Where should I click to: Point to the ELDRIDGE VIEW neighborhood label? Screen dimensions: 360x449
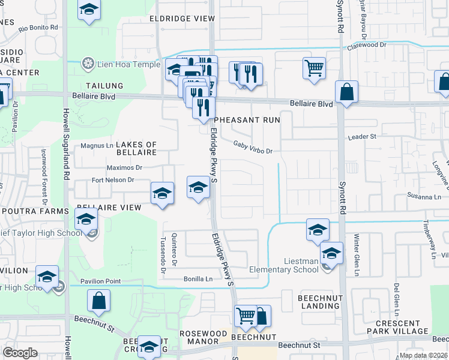coord(182,19)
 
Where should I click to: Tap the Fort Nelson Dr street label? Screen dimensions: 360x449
coord(112,180)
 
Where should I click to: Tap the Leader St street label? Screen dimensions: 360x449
coord(362,137)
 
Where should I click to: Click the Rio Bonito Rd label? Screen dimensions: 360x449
coord(38,28)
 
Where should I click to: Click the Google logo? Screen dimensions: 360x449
coord(20,353)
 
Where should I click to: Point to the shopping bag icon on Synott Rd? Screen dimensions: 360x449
coord(347,93)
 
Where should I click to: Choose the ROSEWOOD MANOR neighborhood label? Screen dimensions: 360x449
coord(203,337)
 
